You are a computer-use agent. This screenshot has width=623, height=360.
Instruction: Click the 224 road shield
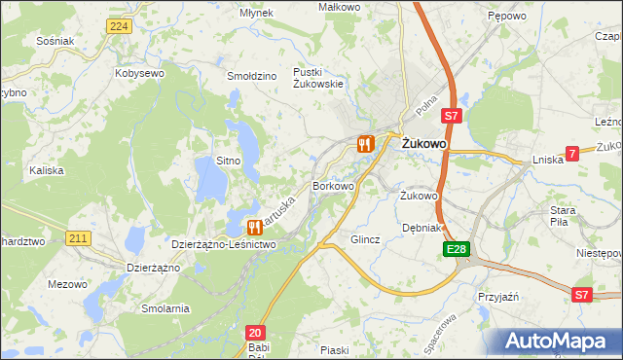pos(119,26)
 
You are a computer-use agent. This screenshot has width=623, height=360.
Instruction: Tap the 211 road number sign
pos(79,237)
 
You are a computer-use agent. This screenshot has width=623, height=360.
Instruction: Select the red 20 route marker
pos(255,333)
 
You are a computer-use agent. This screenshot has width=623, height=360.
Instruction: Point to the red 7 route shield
pos(572,153)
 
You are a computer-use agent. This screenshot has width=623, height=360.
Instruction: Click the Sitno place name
pos(228,160)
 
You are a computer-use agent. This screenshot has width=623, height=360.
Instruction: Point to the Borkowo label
pos(332,185)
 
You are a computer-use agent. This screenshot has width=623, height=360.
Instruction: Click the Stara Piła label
pos(564,215)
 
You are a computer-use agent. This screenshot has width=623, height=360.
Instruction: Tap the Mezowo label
pos(67,285)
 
